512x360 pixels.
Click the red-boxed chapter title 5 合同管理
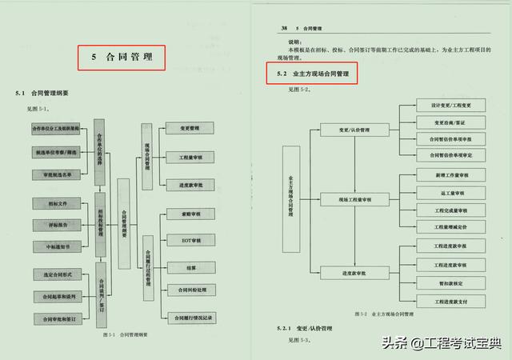121,58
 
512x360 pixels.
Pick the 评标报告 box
56,225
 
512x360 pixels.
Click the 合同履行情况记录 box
189,318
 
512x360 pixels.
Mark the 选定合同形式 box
56,274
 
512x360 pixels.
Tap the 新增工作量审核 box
451,174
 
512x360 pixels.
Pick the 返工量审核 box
451,192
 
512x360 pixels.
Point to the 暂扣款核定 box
451,282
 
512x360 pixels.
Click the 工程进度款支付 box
451,301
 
